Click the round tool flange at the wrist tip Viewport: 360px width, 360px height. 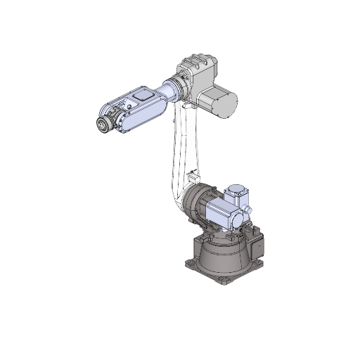tap(103, 126)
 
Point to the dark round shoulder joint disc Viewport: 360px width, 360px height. tap(194, 204)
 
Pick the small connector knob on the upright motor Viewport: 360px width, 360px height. tap(249, 210)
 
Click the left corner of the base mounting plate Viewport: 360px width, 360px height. tap(188, 266)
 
